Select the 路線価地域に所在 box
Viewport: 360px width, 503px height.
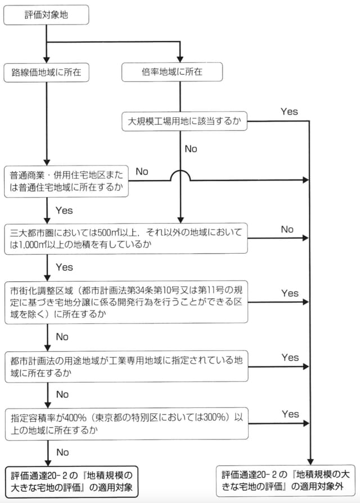[46, 73]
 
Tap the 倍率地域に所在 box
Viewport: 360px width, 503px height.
[180, 73]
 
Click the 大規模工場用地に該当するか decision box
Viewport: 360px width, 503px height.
[184, 121]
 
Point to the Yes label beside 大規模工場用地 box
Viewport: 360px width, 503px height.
[289, 112]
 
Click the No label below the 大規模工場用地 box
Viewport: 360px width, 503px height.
[191, 149]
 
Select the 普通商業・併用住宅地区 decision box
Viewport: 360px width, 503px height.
[66, 181]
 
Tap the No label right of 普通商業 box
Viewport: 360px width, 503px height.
[142, 171]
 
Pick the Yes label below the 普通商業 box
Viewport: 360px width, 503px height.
[64, 210]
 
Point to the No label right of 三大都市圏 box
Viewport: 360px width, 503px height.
[287, 230]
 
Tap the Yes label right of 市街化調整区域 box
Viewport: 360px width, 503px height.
[290, 293]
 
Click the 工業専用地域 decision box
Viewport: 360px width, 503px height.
[127, 365]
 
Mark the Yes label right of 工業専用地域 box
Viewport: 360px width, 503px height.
[290, 357]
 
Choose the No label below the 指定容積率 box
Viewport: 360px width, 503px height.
[62, 452]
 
